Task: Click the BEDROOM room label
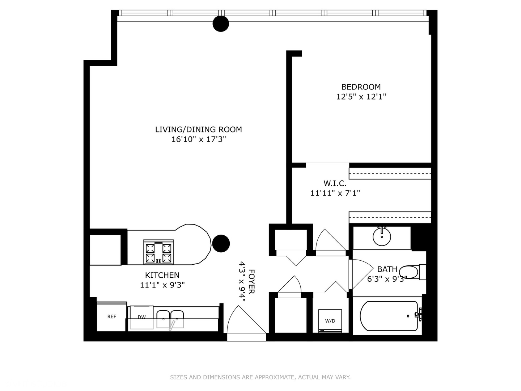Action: (361, 87)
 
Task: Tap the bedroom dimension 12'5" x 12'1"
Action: (361, 97)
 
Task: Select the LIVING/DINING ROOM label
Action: (198, 129)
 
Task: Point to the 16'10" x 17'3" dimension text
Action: (198, 139)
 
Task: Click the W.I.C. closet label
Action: (335, 184)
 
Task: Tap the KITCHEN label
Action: (162, 275)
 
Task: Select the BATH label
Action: (387, 269)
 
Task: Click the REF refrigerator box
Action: (112, 317)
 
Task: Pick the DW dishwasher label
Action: (141, 317)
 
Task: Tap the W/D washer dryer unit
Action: (330, 321)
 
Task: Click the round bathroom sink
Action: (382, 237)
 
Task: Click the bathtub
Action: (389, 316)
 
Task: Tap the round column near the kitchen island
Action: (221, 244)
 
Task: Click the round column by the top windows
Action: (221, 24)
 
